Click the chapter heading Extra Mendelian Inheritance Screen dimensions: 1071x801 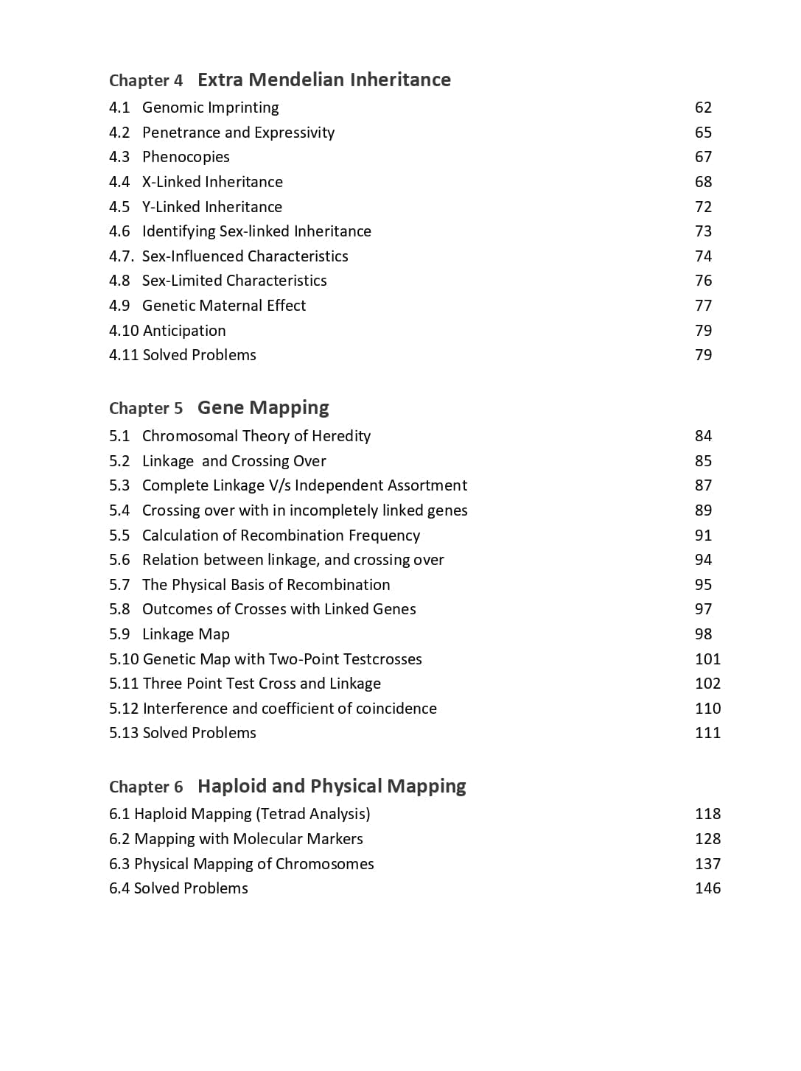(323, 80)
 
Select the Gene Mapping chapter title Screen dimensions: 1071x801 (263, 407)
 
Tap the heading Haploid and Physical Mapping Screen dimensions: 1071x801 (332, 786)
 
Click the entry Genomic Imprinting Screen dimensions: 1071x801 (210, 108)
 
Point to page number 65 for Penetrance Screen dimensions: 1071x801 (703, 133)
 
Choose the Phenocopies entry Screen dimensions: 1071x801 (186, 157)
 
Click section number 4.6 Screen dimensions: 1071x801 (119, 231)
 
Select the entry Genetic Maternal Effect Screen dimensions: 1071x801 (223, 306)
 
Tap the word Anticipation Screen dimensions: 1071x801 (184, 331)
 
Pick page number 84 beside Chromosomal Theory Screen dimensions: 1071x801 (703, 436)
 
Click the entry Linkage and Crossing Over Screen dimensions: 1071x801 (234, 461)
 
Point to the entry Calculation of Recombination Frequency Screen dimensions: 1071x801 (281, 535)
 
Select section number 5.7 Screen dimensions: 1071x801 (119, 585)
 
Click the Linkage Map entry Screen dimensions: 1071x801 (186, 634)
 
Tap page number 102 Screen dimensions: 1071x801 (707, 684)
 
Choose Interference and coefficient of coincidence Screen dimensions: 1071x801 (290, 709)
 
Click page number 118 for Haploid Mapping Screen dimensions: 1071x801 (707, 814)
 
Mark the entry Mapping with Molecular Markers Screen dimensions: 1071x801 (248, 839)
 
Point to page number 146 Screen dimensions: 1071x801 (707, 888)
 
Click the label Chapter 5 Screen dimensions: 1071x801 (146, 409)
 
